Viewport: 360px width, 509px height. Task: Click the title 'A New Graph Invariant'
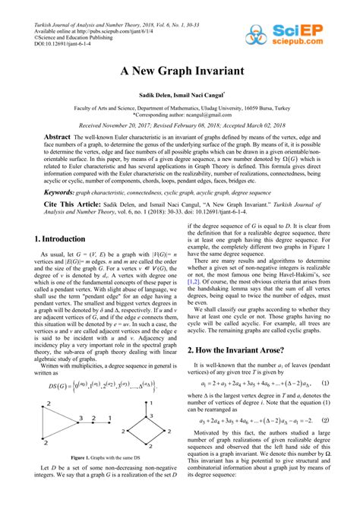(180, 71)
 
